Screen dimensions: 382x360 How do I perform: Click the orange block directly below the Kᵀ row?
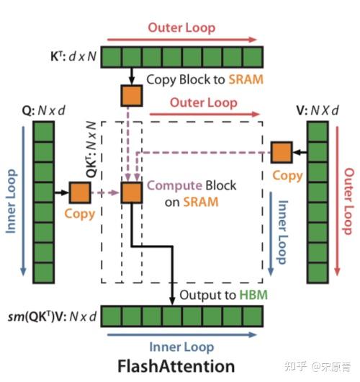[131, 95]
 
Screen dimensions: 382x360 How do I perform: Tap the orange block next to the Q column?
[79, 192]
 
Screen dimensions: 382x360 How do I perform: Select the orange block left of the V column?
[281, 152]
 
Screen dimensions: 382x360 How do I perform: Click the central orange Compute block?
[132, 192]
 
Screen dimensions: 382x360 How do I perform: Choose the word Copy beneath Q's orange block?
[79, 214]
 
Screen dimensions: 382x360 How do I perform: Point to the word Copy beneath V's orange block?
[287, 175]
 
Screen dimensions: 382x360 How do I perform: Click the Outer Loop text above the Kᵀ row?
[181, 28]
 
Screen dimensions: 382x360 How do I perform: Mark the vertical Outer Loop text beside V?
[348, 201]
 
